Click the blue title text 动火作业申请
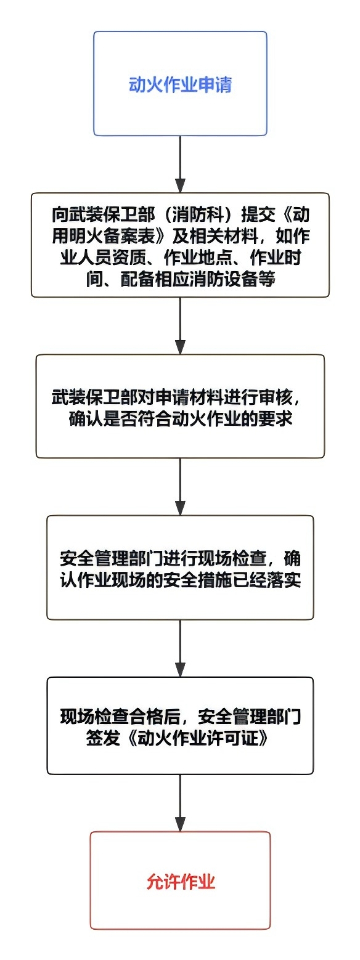point(180,84)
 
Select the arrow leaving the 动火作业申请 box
point(181,164)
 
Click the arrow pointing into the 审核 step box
point(181,326)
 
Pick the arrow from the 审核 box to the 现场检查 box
point(181,486)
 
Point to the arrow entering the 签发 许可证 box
point(181,648)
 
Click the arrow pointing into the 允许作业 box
point(181,803)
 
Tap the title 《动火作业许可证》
point(198,738)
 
